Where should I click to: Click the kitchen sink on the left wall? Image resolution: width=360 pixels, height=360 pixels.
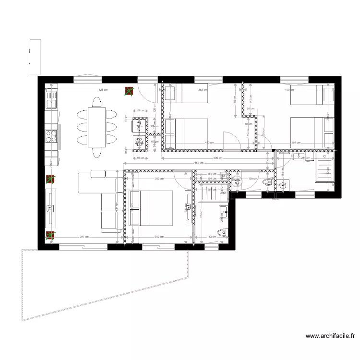tap(50, 99)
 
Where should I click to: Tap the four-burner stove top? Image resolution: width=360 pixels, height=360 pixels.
tap(51, 136)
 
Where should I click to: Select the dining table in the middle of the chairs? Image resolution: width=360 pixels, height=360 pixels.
tap(96, 127)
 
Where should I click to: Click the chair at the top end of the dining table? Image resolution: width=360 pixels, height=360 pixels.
tap(96, 102)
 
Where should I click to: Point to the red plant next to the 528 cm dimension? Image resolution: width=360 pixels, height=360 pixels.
tap(129, 91)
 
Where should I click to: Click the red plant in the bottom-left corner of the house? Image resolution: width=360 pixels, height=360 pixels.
tap(50, 235)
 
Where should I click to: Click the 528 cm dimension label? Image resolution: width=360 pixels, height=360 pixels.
tap(103, 90)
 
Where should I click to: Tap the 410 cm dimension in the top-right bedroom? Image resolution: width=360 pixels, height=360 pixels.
tap(288, 90)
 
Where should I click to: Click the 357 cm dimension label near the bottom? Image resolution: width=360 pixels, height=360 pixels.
tap(84, 237)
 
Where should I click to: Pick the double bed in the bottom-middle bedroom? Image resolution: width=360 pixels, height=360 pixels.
tap(151, 208)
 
